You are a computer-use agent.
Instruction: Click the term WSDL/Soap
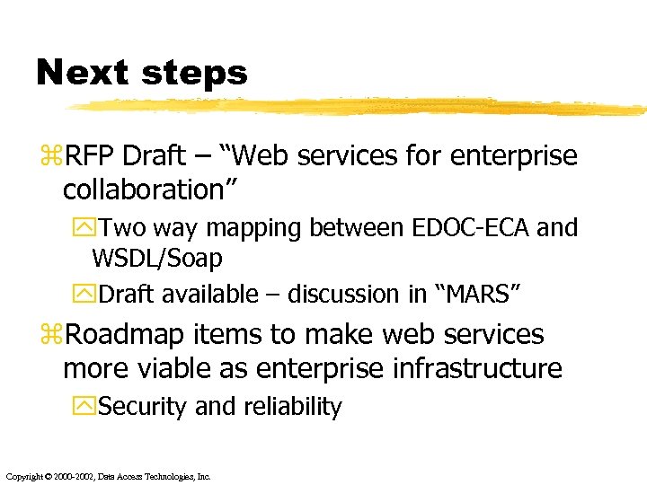[x=157, y=260]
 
